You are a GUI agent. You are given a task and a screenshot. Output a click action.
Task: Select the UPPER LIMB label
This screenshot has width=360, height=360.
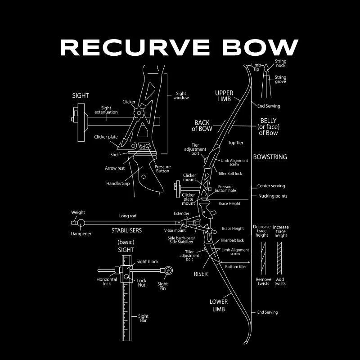click(x=224, y=96)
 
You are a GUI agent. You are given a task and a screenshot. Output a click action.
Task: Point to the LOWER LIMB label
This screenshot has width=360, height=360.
click(x=219, y=305)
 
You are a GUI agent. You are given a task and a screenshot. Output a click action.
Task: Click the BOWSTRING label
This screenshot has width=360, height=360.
click(x=270, y=157)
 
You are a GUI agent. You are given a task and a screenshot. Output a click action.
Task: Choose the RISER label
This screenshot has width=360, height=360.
click(x=201, y=274)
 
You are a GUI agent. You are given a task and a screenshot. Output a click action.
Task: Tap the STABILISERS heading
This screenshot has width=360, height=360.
click(x=126, y=230)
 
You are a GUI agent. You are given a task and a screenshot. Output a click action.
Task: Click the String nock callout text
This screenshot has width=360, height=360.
click(x=280, y=63)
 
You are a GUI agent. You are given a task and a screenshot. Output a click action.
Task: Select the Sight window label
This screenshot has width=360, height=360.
click(x=181, y=95)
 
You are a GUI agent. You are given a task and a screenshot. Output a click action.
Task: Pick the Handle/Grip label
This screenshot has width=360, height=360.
click(x=117, y=184)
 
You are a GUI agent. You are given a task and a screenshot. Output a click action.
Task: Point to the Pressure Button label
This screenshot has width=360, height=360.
click(x=162, y=169)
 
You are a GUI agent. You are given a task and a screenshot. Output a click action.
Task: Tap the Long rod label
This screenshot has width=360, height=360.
click(x=127, y=216)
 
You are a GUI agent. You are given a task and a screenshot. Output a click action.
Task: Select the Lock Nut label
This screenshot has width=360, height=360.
click(x=141, y=283)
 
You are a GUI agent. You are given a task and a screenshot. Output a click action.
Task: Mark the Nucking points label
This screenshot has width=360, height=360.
click(x=273, y=196)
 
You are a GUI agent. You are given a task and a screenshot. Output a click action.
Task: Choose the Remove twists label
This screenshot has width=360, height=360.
click(x=263, y=281)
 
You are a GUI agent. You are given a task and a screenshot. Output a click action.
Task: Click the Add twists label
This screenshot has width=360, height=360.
click(x=280, y=281)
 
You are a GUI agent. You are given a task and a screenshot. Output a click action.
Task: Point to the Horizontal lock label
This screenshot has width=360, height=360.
click(x=107, y=281)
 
